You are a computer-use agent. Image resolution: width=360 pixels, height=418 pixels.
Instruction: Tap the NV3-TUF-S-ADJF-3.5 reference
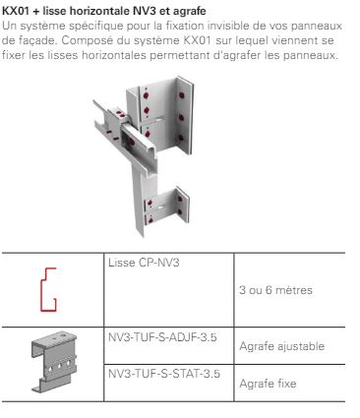[162, 337]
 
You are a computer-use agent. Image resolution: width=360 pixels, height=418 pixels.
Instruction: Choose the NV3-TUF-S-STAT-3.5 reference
[164, 374]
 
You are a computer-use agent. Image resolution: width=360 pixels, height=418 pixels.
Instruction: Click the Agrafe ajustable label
[282, 346]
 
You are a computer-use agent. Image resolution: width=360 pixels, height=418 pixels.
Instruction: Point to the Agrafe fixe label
[268, 384]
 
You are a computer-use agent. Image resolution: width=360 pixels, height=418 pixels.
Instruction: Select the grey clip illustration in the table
[54, 361]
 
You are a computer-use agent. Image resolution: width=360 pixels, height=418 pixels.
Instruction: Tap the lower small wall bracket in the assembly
[167, 207]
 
